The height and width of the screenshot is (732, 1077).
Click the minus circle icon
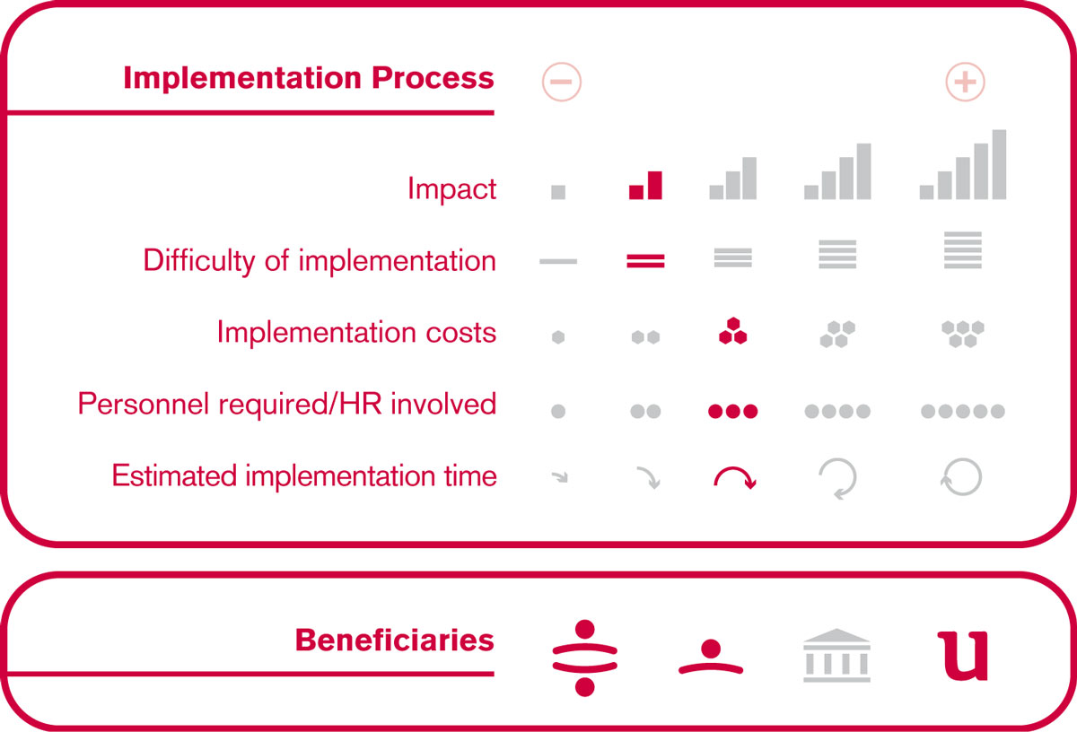click(x=562, y=82)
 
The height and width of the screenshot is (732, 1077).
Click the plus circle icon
click(x=965, y=82)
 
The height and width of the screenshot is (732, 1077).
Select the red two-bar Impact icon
click(x=645, y=185)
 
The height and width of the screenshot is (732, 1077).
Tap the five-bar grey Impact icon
click(x=962, y=164)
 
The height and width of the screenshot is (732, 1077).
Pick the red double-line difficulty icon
click(x=645, y=261)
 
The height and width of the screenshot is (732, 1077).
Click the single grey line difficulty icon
click(x=558, y=261)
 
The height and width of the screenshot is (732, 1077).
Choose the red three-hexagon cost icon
click(x=732, y=331)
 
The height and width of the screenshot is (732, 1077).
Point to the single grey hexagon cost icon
click(x=558, y=337)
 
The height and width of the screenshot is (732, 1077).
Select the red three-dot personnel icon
click(x=732, y=412)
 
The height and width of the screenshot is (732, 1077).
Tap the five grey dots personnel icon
click(x=962, y=412)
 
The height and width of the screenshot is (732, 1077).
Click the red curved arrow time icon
click(x=734, y=468)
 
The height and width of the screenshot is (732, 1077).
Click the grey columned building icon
click(x=836, y=655)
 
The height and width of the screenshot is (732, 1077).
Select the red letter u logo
click(x=962, y=656)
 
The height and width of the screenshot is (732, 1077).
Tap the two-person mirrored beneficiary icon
click(x=584, y=658)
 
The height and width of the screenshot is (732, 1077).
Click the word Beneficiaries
click(x=395, y=640)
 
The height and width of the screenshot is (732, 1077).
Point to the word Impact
click(x=451, y=188)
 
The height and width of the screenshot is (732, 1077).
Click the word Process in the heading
click(x=433, y=78)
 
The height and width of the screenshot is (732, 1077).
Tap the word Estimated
click(x=174, y=475)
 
